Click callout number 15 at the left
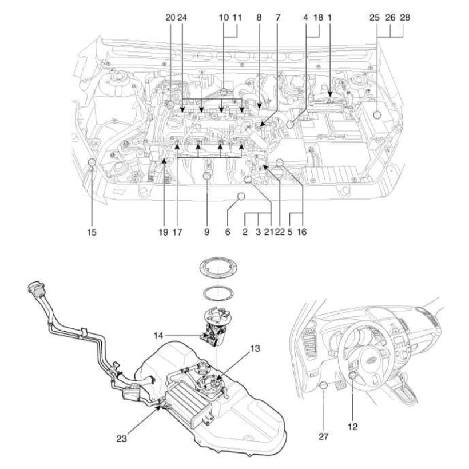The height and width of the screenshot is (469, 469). point(92,233)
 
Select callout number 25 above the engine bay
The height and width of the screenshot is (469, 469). point(374,18)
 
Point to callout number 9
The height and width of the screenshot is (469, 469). point(207,233)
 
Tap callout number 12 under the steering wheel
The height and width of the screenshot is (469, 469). point(353,426)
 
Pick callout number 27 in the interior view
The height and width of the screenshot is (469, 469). point(324,436)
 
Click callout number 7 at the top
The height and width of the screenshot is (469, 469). point(278,18)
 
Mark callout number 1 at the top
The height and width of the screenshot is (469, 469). point(330,18)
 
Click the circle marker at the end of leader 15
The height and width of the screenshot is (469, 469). point(92,165)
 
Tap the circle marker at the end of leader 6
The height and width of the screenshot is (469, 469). point(241,197)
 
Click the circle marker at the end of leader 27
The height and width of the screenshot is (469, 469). point(324,385)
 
